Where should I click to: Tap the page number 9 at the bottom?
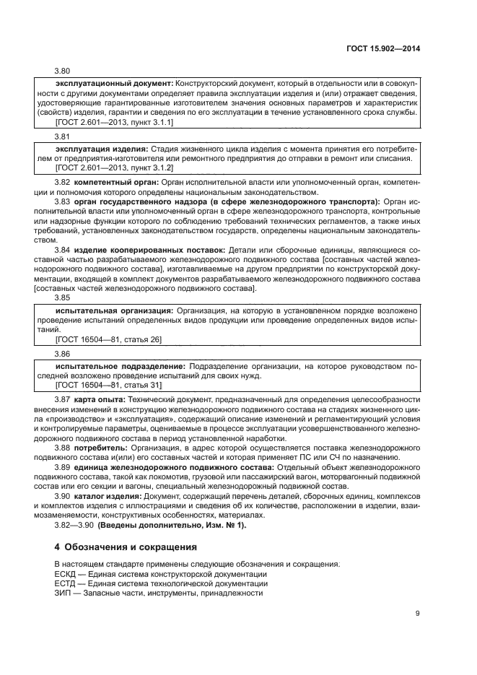point(418,614)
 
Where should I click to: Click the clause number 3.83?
point(63,202)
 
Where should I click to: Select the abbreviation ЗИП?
point(64,592)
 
